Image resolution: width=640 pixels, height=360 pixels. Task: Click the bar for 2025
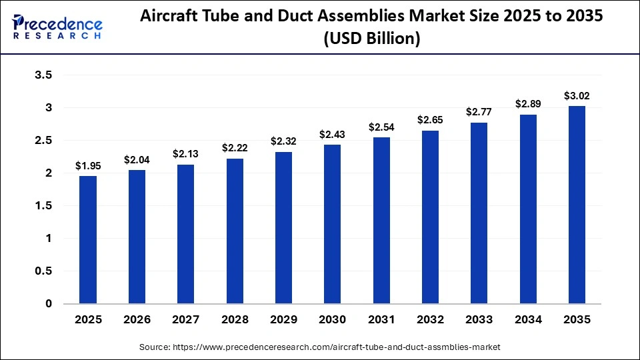pyautogui.click(x=88, y=240)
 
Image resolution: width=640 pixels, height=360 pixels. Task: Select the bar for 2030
pyautogui.click(x=333, y=224)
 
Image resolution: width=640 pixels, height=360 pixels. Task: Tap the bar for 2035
pyautogui.click(x=577, y=205)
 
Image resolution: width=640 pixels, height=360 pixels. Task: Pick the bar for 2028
pyautogui.click(x=235, y=231)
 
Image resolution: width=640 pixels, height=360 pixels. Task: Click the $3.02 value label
pyautogui.click(x=577, y=97)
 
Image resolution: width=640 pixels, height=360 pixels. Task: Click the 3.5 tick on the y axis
pyautogui.click(x=43, y=75)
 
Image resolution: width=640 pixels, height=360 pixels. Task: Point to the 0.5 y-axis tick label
pyautogui.click(x=43, y=271)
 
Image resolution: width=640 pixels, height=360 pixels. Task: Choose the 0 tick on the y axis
pyautogui.click(x=48, y=304)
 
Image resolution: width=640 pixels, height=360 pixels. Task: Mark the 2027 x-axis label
pyautogui.click(x=186, y=320)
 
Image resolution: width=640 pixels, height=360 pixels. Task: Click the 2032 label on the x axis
pyautogui.click(x=430, y=320)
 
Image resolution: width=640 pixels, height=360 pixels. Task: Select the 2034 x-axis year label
pyautogui.click(x=528, y=320)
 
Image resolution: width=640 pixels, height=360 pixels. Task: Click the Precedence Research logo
pyautogui.click(x=57, y=27)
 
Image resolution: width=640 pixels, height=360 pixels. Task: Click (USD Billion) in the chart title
pyautogui.click(x=371, y=39)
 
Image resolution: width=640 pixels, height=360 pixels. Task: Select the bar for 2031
pyautogui.click(x=381, y=221)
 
